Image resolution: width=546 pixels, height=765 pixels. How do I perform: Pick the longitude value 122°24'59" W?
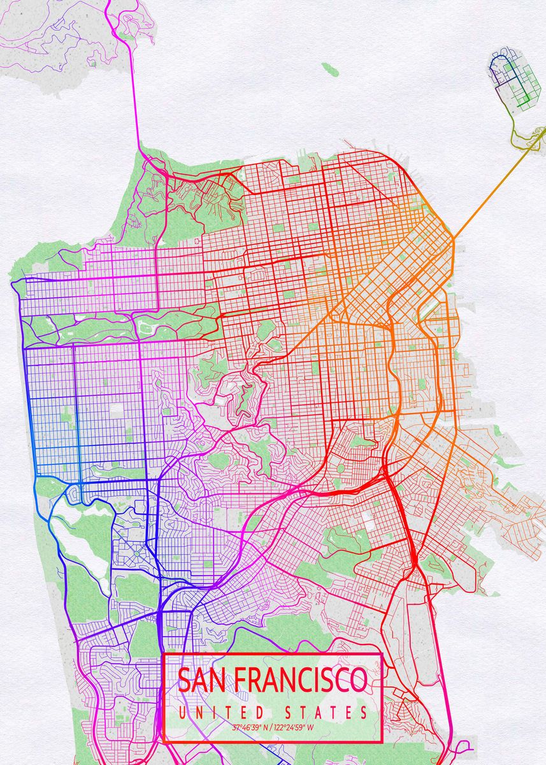(292, 727)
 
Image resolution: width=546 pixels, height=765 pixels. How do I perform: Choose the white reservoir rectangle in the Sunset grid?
(116, 411)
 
